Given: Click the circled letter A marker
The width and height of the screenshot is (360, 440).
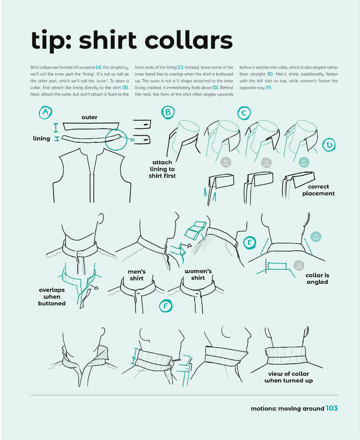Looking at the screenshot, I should coord(45,113).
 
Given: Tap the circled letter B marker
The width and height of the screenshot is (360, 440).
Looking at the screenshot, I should coord(167,112).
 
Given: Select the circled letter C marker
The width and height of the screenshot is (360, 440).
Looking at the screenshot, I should coord(243,113).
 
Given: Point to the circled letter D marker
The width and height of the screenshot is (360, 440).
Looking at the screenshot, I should coord(329,145).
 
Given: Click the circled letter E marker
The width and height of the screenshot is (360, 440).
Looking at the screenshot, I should coord(249,243).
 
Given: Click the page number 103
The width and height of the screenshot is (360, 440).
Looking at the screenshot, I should coord(331,408).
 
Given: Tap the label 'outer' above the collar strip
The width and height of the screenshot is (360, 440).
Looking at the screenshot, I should coord(89,117).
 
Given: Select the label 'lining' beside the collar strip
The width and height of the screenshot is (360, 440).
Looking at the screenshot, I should coord(41,138).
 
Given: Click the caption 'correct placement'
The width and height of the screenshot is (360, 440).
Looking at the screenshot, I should coord(318,190).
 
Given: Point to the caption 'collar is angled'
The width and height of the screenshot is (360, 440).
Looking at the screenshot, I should coord(317,278).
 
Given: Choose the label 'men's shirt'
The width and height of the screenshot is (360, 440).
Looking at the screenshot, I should coord(136,275).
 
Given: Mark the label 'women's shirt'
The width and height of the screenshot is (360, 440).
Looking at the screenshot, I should coord(198,274).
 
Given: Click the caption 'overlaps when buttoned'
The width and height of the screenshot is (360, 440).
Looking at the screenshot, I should coord(52,296).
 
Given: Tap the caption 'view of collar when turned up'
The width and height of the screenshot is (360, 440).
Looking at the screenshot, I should coord(288,377).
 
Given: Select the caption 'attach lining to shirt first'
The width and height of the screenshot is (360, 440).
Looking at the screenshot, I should coord(162,169).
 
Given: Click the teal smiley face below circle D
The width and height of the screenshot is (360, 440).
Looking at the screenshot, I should coord(303,162).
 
